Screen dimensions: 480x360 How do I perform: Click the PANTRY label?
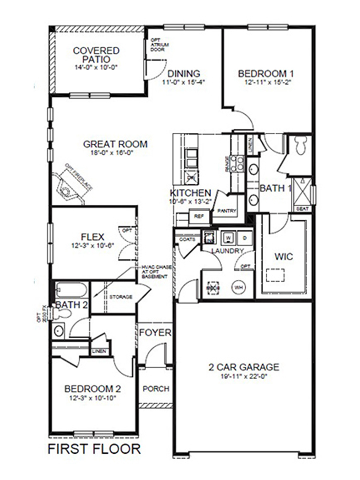(227, 211)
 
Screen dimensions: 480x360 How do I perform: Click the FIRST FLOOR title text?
(94, 449)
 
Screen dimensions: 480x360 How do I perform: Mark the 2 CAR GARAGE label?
(244, 367)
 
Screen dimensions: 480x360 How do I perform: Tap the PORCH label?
(156, 389)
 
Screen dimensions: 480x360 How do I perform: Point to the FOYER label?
(155, 333)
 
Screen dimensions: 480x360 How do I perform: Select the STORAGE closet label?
(121, 297)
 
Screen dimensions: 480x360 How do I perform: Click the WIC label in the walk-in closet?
(283, 256)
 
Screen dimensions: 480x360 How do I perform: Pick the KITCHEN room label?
(190, 192)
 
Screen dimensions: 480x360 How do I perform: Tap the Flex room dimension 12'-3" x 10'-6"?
(93, 246)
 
